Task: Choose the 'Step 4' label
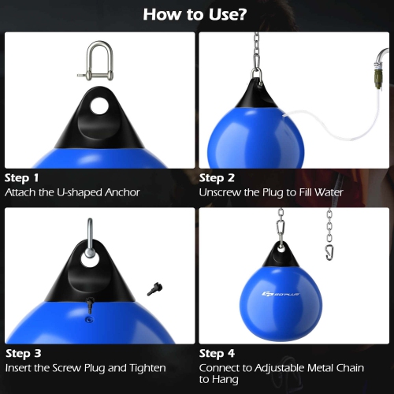pyautogui.click(x=217, y=354)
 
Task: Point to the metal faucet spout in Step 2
pyautogui.click(x=382, y=58)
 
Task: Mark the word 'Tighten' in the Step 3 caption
pyautogui.click(x=145, y=368)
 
